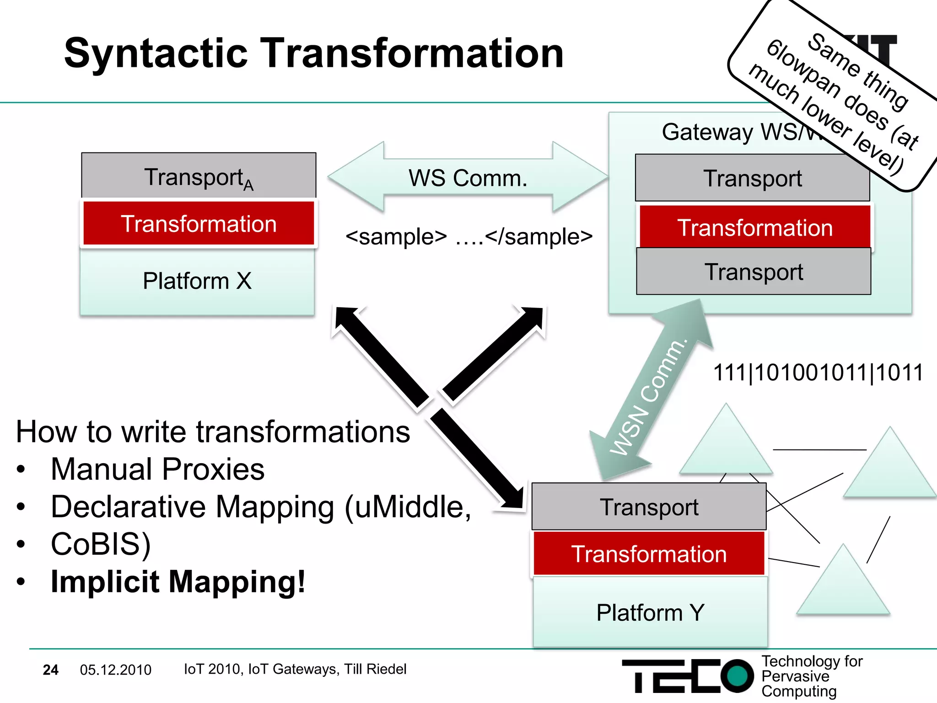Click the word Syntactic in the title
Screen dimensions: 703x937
click(x=156, y=54)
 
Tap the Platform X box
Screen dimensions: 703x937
click(x=197, y=281)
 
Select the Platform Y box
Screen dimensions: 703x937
click(x=650, y=612)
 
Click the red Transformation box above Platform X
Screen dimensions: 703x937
click(x=199, y=224)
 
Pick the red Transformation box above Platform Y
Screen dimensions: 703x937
click(x=649, y=554)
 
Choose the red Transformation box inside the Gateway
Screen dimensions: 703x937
click(x=755, y=227)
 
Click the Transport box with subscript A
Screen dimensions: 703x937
click(x=199, y=177)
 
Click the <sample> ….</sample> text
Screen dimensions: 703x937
click(x=469, y=237)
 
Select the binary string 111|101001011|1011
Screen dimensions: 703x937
click(x=818, y=372)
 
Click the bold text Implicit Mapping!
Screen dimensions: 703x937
click(x=178, y=582)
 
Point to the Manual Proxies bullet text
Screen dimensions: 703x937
click(x=157, y=469)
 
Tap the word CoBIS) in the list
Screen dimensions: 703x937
click(x=101, y=544)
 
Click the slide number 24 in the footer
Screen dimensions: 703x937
click(x=50, y=670)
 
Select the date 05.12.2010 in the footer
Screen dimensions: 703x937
click(x=115, y=670)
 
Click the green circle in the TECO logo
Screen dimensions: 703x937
click(x=737, y=676)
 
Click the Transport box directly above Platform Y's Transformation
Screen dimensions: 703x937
click(x=649, y=507)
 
